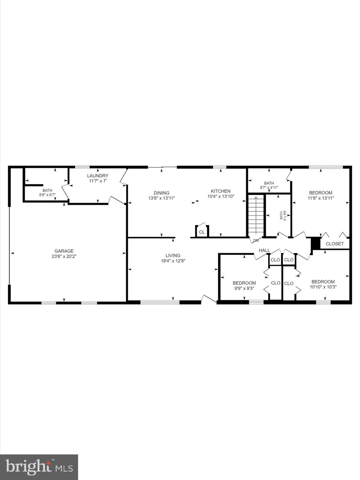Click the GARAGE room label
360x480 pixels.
pos(64,251)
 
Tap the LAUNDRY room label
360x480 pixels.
pos(97,176)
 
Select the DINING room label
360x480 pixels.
pos(161,193)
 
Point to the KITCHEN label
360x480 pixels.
pos(221,191)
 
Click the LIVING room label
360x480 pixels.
pos(173,255)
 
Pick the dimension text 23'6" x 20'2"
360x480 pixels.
pos(64,256)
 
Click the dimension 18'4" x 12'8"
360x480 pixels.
pos(173,261)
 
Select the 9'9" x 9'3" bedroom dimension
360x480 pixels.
pos(244,288)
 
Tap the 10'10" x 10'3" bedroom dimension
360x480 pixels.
pos(323,287)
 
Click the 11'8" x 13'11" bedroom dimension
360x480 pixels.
pos(321,198)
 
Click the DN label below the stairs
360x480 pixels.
pos(256,240)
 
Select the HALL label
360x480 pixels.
pos(264,250)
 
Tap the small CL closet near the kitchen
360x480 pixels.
pos(202,232)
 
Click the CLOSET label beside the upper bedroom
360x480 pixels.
pos(335,244)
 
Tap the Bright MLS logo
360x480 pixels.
pos(39,467)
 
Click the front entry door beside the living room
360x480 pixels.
pos(209,299)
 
